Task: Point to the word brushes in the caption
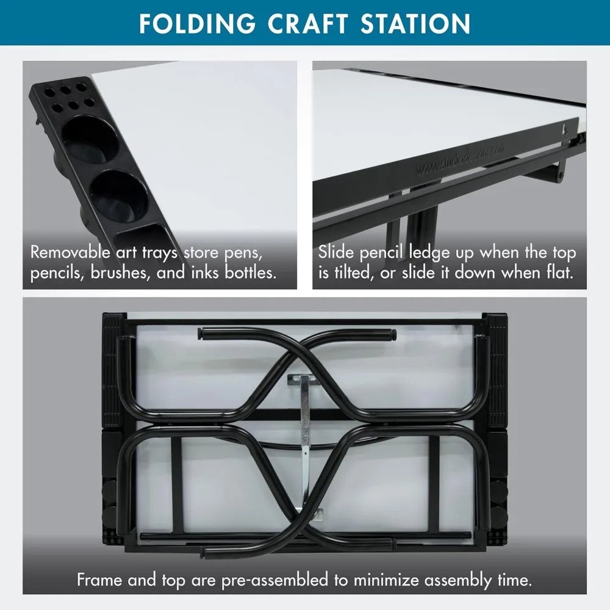pos(121,273)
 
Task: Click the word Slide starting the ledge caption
pos(336,252)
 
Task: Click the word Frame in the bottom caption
pos(99,580)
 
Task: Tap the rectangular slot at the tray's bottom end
pos(142,234)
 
